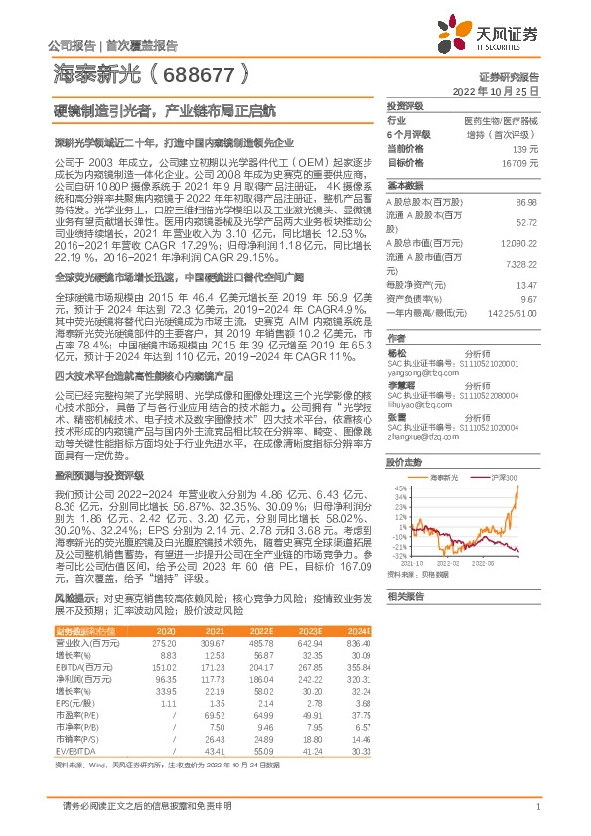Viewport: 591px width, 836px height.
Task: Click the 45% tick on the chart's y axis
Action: tap(398, 488)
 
